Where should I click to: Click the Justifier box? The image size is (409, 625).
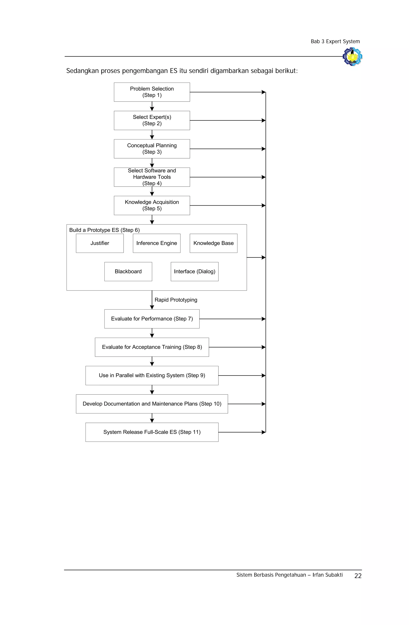coord(100,243)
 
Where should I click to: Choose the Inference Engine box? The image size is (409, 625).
coord(156,243)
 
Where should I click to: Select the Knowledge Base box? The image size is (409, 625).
coord(213,243)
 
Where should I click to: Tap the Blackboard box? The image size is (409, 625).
coord(128,272)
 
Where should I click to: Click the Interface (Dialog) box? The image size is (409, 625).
coord(195,272)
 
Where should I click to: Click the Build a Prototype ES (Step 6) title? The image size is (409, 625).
coord(104,230)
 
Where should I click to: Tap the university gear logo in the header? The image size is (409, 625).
coord(352,56)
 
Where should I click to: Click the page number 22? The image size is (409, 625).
coord(358,576)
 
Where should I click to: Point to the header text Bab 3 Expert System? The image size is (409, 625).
coord(335,42)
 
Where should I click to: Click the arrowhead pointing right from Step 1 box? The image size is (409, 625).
coord(263,92)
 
